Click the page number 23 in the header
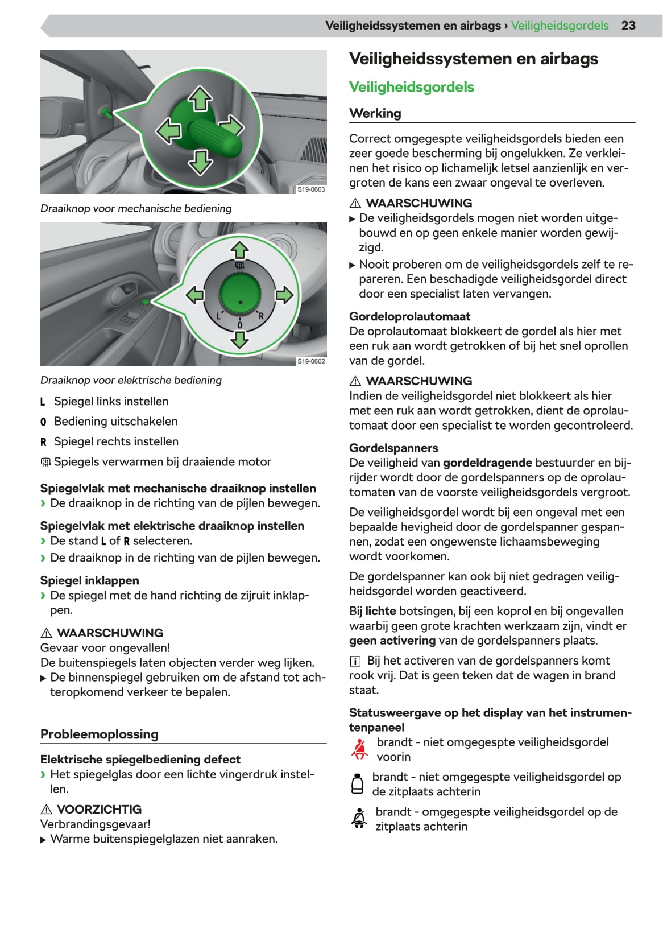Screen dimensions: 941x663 point(628,26)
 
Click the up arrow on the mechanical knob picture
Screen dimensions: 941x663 point(200,98)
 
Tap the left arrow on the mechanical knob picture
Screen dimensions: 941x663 point(168,131)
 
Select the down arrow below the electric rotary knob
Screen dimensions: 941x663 point(239,340)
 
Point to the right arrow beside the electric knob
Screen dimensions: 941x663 point(284,295)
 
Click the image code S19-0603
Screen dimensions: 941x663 point(311,189)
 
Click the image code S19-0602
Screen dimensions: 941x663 point(311,361)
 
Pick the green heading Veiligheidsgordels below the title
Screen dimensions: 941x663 point(411,87)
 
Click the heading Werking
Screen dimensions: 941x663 point(375,113)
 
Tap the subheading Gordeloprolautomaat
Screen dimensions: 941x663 point(409,316)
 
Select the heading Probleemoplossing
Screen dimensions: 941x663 point(100,734)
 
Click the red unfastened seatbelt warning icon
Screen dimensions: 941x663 point(359,749)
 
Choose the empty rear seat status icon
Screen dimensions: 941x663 point(358,784)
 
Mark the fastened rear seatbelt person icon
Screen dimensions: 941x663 point(359,819)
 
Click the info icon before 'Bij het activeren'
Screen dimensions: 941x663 point(355,661)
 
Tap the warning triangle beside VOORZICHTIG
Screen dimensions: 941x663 point(47,810)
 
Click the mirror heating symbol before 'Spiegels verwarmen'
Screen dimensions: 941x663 point(46,462)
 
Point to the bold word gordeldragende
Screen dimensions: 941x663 point(487,463)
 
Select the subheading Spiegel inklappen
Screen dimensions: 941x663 point(89,580)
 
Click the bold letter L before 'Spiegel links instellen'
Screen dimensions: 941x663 point(43,402)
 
